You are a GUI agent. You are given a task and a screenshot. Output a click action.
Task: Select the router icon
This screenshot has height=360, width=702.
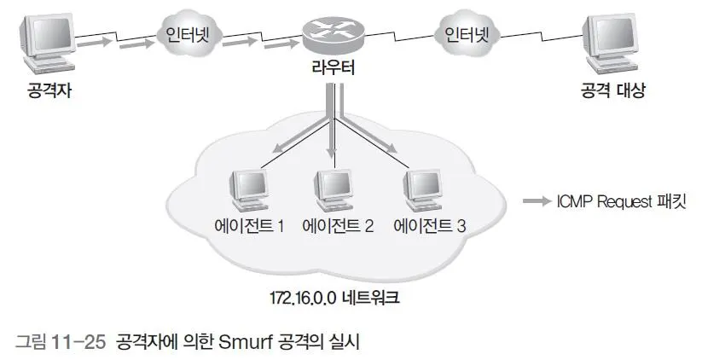click(x=334, y=37)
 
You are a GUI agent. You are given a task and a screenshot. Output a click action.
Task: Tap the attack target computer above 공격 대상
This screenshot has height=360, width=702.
click(x=611, y=44)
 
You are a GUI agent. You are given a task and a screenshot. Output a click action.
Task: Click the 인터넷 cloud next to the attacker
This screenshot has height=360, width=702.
click(x=187, y=35)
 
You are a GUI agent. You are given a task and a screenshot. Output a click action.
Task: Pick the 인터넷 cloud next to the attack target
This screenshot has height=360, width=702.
click(x=467, y=34)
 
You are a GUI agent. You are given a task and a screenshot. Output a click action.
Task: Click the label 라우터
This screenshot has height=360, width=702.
click(x=334, y=68)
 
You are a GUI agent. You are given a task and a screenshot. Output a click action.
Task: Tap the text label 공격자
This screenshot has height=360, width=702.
click(x=49, y=91)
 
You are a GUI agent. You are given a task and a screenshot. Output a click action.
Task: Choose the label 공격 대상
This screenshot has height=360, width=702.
click(x=613, y=90)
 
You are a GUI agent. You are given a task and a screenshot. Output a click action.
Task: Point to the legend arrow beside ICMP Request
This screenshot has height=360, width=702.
click(x=537, y=201)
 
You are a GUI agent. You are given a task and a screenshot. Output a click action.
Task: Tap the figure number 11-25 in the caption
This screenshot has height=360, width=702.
click(x=78, y=343)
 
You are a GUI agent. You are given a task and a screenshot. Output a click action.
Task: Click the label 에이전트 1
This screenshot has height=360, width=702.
click(x=249, y=226)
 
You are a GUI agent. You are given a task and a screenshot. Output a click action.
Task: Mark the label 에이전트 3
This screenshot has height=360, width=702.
click(x=429, y=226)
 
